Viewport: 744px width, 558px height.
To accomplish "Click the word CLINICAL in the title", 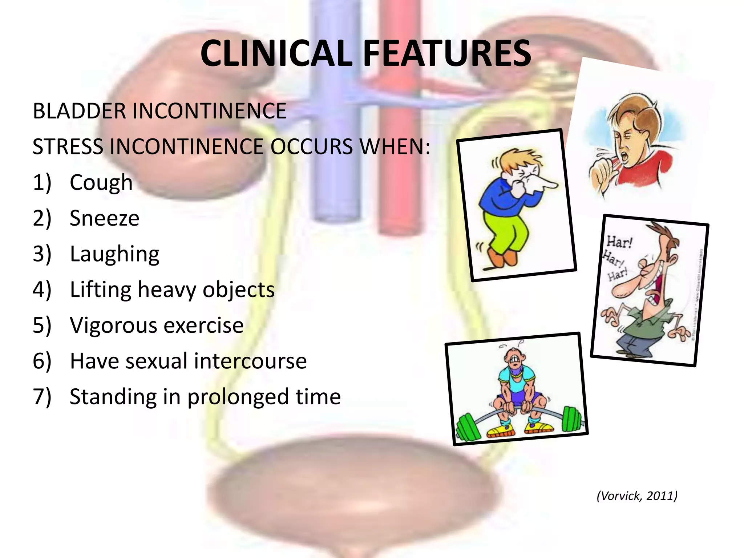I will coord(276,54).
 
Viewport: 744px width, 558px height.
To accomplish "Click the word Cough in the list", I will coord(101,182).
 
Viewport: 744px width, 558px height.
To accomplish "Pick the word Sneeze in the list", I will coord(104,218).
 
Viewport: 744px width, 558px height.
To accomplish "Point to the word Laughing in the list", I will coord(114,254).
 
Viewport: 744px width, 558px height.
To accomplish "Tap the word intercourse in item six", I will coord(250,361).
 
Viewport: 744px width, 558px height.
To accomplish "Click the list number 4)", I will coord(42,290).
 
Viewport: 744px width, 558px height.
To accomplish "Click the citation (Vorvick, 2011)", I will coord(637,496).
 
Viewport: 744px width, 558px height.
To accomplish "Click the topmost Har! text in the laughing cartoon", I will coord(619,242).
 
